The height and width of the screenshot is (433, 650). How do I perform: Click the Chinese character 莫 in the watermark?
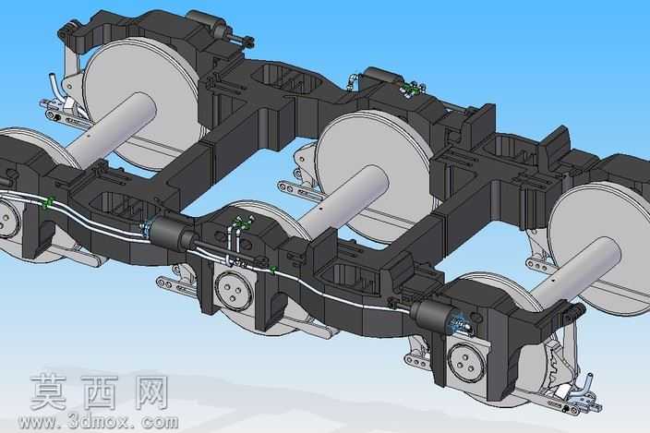pos(49,392)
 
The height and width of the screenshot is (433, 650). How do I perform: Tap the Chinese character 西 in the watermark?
pos(100,392)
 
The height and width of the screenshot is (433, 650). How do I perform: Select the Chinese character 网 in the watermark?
pos(151,392)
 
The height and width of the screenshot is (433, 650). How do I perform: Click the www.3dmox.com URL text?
pos(99,422)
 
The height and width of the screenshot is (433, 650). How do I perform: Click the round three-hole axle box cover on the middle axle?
pos(235,291)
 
